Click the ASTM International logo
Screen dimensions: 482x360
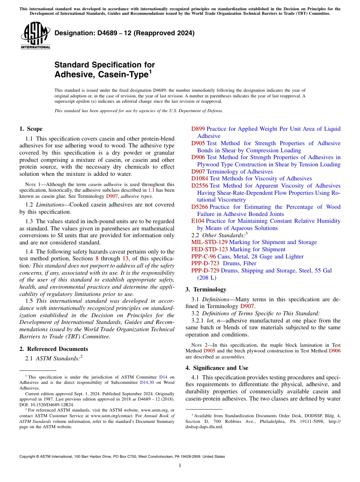[x=35, y=35]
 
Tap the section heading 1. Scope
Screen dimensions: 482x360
[x=31, y=129]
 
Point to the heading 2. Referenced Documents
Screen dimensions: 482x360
[x=53, y=349]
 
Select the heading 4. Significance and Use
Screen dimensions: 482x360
[x=217, y=368]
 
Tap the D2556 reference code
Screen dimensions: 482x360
[x=199, y=186]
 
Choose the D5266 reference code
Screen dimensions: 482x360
[x=199, y=207]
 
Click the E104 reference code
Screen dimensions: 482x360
[x=197, y=221]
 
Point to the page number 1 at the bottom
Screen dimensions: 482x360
[x=180, y=466]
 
